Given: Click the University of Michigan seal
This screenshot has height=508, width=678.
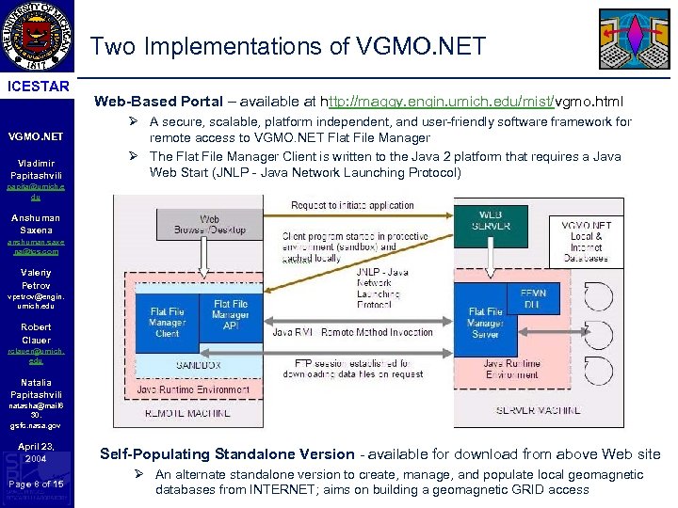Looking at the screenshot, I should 39,39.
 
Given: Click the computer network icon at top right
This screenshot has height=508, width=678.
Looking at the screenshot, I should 635,40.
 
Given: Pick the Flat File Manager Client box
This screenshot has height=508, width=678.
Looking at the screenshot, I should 167,322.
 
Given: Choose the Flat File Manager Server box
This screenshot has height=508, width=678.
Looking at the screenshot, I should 486,322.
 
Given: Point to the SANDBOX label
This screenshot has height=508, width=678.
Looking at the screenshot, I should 197,364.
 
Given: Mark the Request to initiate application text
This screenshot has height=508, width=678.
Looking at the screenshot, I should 352,205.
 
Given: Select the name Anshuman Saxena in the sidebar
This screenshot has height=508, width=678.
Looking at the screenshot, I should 38,224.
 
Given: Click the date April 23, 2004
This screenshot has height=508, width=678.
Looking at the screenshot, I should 38,452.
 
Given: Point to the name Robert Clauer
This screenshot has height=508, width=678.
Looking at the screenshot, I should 38,334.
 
